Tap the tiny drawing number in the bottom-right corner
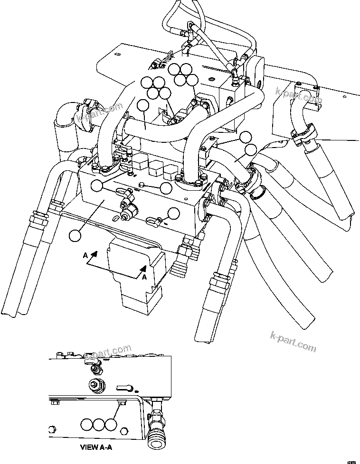point(351,459)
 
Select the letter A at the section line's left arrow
point(85,255)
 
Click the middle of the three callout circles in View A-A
point(98,424)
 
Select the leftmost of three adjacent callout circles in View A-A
point(86,424)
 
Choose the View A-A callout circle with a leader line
point(111,424)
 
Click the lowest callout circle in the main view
point(75,234)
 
